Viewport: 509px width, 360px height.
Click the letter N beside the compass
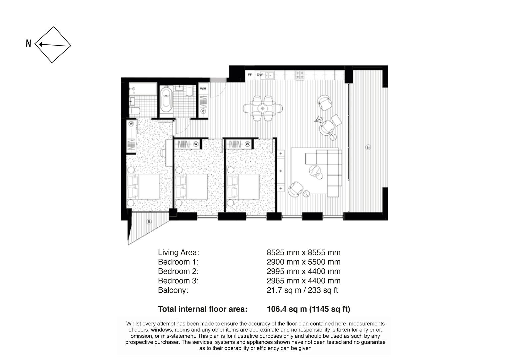28,43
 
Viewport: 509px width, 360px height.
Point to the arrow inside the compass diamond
52,45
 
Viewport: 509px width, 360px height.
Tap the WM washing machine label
203,89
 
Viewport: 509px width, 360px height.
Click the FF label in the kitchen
250,75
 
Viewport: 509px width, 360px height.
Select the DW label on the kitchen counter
260,75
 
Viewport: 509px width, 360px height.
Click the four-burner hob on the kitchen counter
300,75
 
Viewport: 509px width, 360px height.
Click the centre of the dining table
263,108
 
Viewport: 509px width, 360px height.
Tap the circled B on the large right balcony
368,147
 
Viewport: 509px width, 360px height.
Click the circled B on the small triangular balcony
149,222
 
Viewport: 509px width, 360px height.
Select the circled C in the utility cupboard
203,111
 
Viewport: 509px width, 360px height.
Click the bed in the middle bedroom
192,187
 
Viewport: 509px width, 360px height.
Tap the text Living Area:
178,252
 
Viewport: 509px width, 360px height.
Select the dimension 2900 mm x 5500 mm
304,262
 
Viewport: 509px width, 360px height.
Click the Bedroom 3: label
178,281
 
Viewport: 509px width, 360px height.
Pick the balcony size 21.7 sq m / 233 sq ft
302,290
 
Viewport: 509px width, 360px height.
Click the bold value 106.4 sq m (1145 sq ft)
309,309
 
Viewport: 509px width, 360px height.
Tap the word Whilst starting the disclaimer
134,324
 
